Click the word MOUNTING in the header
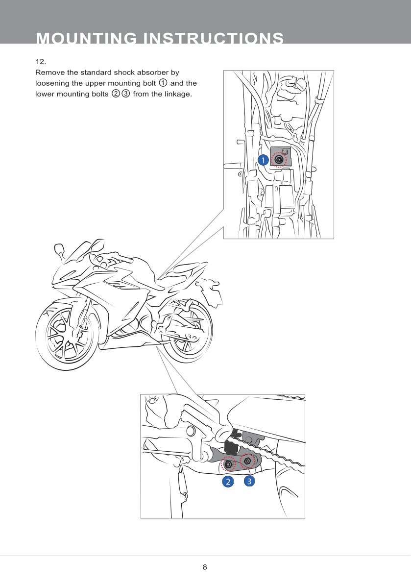[x=85, y=39]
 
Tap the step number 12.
[x=40, y=62]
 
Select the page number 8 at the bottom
[x=205, y=567]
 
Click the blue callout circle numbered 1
[x=263, y=160]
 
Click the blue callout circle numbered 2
[x=227, y=482]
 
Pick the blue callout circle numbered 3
[x=249, y=481]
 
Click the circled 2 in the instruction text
[x=116, y=94]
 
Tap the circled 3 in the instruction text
[x=125, y=94]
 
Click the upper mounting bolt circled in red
[x=279, y=160]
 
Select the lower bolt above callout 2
[x=228, y=463]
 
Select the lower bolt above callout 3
[x=248, y=461]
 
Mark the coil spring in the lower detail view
[x=183, y=483]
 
